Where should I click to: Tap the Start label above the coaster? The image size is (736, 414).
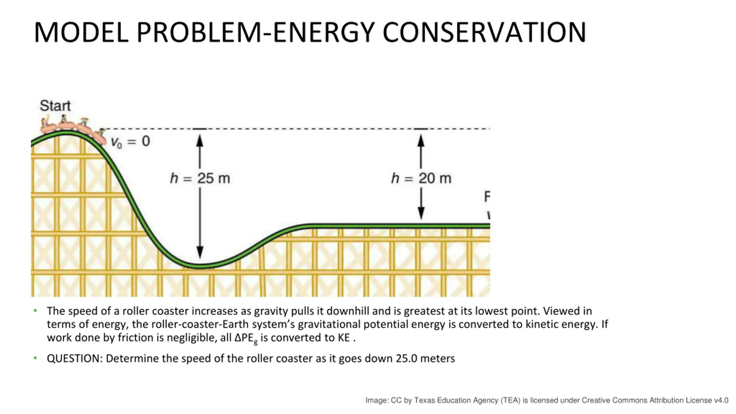pyautogui.click(x=55, y=106)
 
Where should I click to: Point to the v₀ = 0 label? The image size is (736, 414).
pyautogui.click(x=131, y=141)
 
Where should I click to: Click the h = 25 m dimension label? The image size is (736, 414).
pyautogui.click(x=200, y=178)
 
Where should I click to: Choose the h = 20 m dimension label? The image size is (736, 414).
pyautogui.click(x=421, y=178)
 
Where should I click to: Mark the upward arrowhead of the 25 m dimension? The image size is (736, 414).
pyautogui.click(x=200, y=141)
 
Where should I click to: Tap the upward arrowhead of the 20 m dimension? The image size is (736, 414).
pyautogui.click(x=421, y=141)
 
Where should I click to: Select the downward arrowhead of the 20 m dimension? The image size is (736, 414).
pyautogui.click(x=421, y=213)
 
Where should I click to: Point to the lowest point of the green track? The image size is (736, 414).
pyautogui.click(x=201, y=266)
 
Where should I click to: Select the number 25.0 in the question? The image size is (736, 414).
pyautogui.click(x=406, y=359)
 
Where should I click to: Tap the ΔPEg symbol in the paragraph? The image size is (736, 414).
pyautogui.click(x=246, y=338)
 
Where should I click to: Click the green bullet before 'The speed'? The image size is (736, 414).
pyautogui.click(x=35, y=310)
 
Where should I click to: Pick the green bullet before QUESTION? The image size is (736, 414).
pyautogui.click(x=35, y=358)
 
